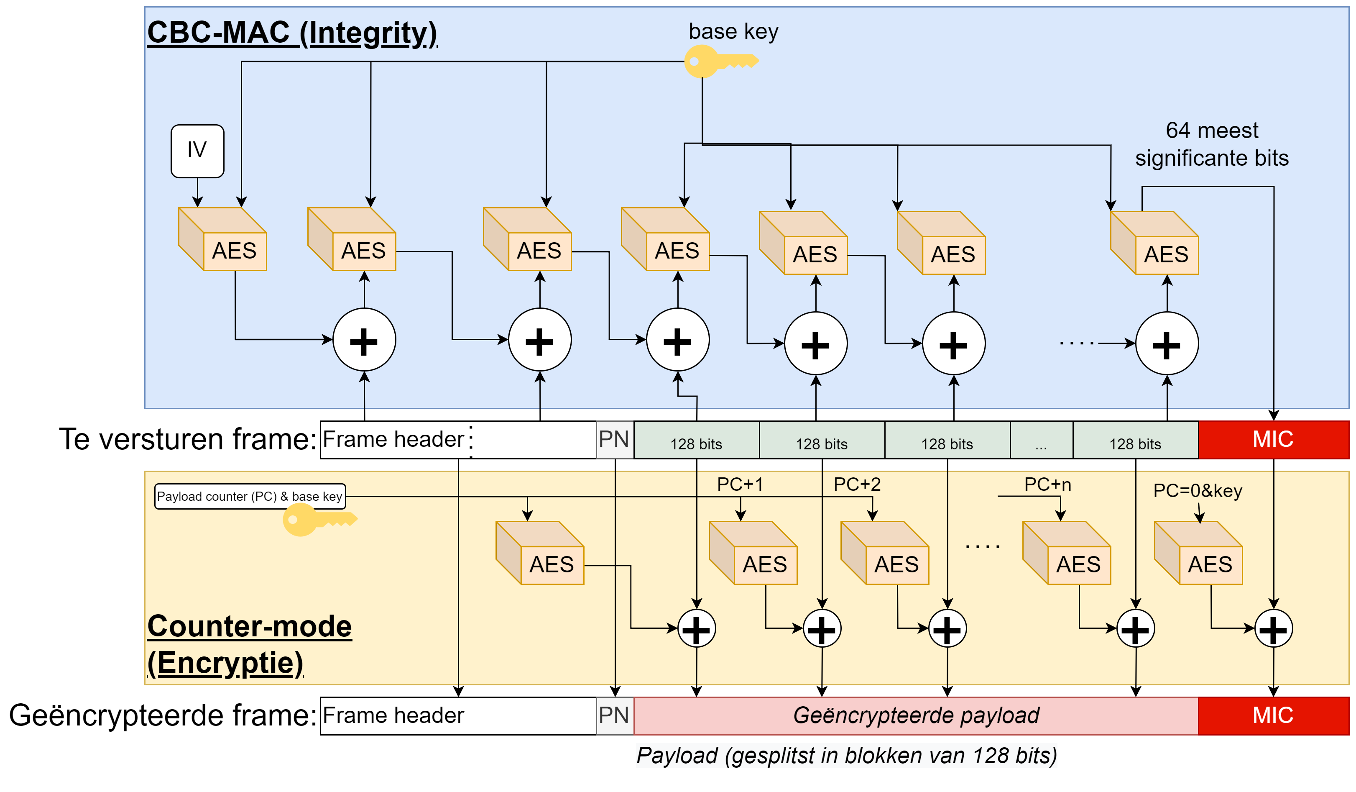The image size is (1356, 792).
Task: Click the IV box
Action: click(197, 151)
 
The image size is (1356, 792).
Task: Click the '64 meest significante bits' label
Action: click(1211, 144)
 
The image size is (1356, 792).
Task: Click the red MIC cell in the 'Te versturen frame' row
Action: click(1273, 439)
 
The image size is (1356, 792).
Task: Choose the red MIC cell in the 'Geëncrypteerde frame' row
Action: click(1273, 715)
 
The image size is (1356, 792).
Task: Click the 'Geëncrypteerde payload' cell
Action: click(915, 715)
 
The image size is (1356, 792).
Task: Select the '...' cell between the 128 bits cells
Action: click(1041, 441)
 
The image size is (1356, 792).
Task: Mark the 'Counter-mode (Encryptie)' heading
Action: click(249, 644)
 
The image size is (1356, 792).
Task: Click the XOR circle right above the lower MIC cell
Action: click(1273, 628)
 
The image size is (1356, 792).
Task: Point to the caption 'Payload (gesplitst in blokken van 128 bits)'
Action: click(846, 755)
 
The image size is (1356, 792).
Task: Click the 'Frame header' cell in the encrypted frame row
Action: click(457, 715)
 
